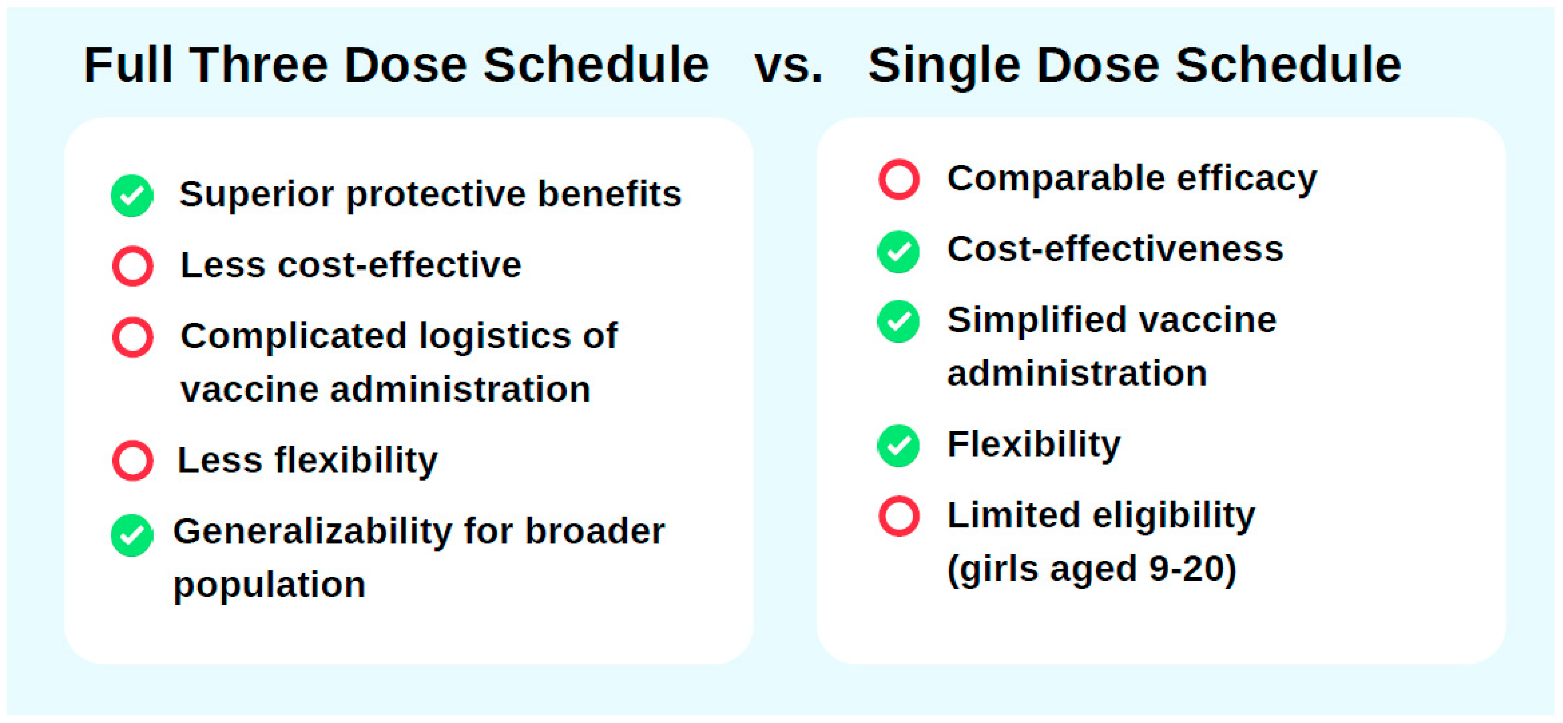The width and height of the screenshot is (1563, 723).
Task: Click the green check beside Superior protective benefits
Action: (x=132, y=196)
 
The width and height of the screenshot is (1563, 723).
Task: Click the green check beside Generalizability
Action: (x=132, y=535)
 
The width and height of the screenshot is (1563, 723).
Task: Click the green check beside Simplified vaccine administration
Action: (x=899, y=321)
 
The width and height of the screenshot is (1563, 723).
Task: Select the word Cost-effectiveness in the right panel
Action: (x=1115, y=249)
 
